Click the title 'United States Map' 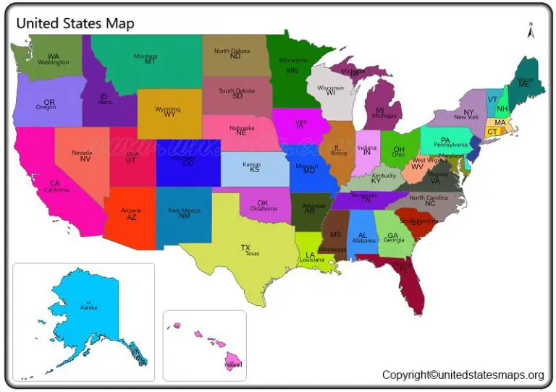(75, 23)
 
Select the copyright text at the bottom (463, 375)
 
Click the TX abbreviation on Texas (245, 247)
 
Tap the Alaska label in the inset (88, 307)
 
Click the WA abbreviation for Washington (54, 56)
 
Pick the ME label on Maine (524, 84)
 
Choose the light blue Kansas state (254, 169)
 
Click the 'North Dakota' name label (232, 51)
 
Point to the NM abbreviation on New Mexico (185, 216)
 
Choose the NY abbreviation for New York (469, 112)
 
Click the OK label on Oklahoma (263, 203)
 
